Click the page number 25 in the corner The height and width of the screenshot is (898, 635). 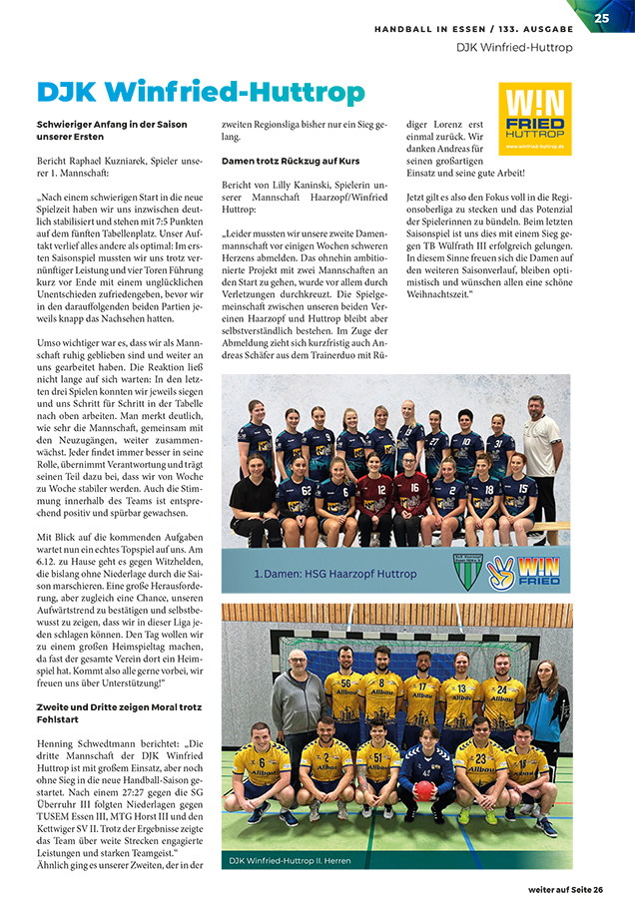coord(602,17)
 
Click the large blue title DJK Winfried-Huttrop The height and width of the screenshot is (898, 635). coord(200,93)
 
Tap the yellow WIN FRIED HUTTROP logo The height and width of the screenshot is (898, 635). coord(534,118)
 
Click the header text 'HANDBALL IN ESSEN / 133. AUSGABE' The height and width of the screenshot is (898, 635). coord(474,30)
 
